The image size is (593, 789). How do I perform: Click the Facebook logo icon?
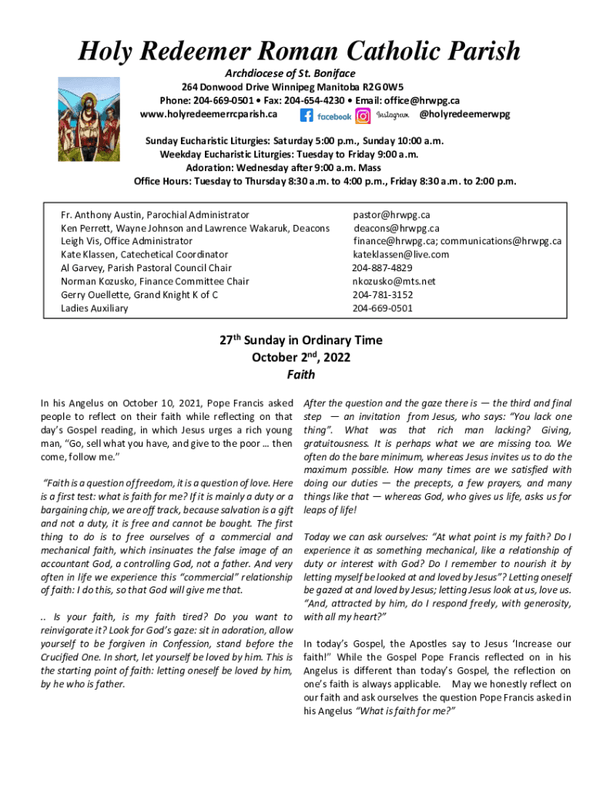pos(307,116)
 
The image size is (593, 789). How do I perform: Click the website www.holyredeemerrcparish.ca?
pos(208,115)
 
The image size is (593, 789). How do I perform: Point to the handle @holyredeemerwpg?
pos(464,115)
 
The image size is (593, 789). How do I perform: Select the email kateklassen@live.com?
pos(400,254)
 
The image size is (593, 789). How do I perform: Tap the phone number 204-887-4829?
pos(382,268)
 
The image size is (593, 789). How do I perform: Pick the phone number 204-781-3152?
pos(382,295)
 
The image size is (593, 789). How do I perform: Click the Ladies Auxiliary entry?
pos(95,308)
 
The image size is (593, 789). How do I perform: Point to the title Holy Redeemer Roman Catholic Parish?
pos(300,52)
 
